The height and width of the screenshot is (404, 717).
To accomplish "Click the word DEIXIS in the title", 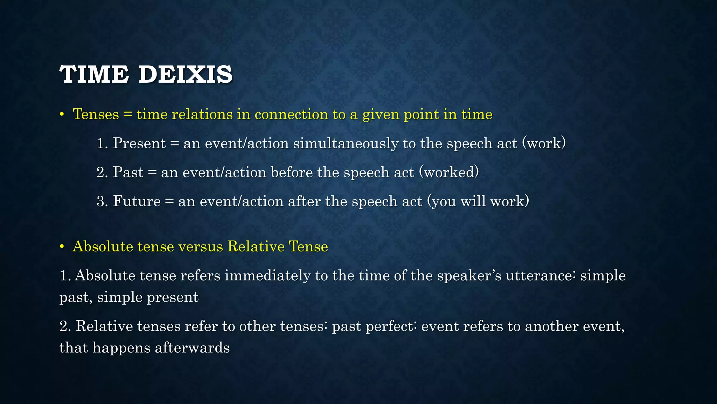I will pyautogui.click(x=185, y=74).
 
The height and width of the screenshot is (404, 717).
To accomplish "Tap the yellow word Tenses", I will pyautogui.click(x=96, y=114).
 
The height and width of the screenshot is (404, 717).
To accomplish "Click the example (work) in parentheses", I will pyautogui.click(x=544, y=143).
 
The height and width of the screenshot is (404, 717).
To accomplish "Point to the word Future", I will pyautogui.click(x=137, y=201).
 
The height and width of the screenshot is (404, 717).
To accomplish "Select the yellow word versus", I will pyautogui.click(x=201, y=247).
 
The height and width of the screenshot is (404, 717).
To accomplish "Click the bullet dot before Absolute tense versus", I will pyautogui.click(x=62, y=247).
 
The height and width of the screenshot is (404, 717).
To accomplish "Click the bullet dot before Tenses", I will pyautogui.click(x=62, y=115).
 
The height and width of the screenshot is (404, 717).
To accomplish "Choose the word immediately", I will pyautogui.click(x=267, y=276).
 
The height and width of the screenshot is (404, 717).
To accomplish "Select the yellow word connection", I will pyautogui.click(x=291, y=114).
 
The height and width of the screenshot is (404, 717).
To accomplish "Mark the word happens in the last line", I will pyautogui.click(x=121, y=348).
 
